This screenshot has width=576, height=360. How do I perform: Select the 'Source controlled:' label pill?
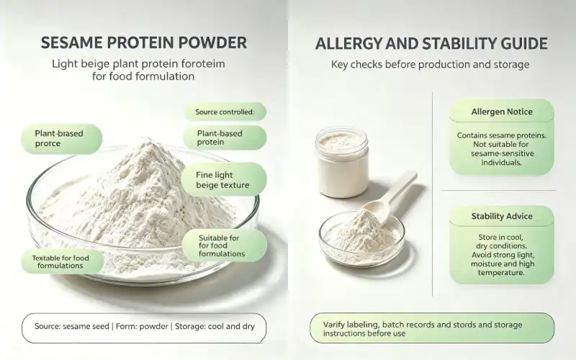pos(225,112)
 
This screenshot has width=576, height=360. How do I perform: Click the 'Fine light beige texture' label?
pos(224,180)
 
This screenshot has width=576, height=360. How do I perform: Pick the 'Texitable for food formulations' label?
pos(62,261)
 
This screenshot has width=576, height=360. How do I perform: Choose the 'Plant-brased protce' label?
pos(61,138)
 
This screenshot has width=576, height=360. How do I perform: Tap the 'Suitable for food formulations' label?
pos(224,246)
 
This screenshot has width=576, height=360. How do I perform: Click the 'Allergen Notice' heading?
pos(502,112)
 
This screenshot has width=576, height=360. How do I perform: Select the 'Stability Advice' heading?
pos(502,216)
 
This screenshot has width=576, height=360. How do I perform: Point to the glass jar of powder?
pos(341,162)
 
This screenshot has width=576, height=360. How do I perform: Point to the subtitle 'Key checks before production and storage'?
pos(430,65)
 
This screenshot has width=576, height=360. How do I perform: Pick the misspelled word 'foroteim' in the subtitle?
pos(203,64)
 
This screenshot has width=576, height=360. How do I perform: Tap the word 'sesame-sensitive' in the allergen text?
pos(502,153)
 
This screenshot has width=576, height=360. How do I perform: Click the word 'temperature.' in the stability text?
pos(501,273)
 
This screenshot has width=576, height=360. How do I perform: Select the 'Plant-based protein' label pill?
pos(225,138)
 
